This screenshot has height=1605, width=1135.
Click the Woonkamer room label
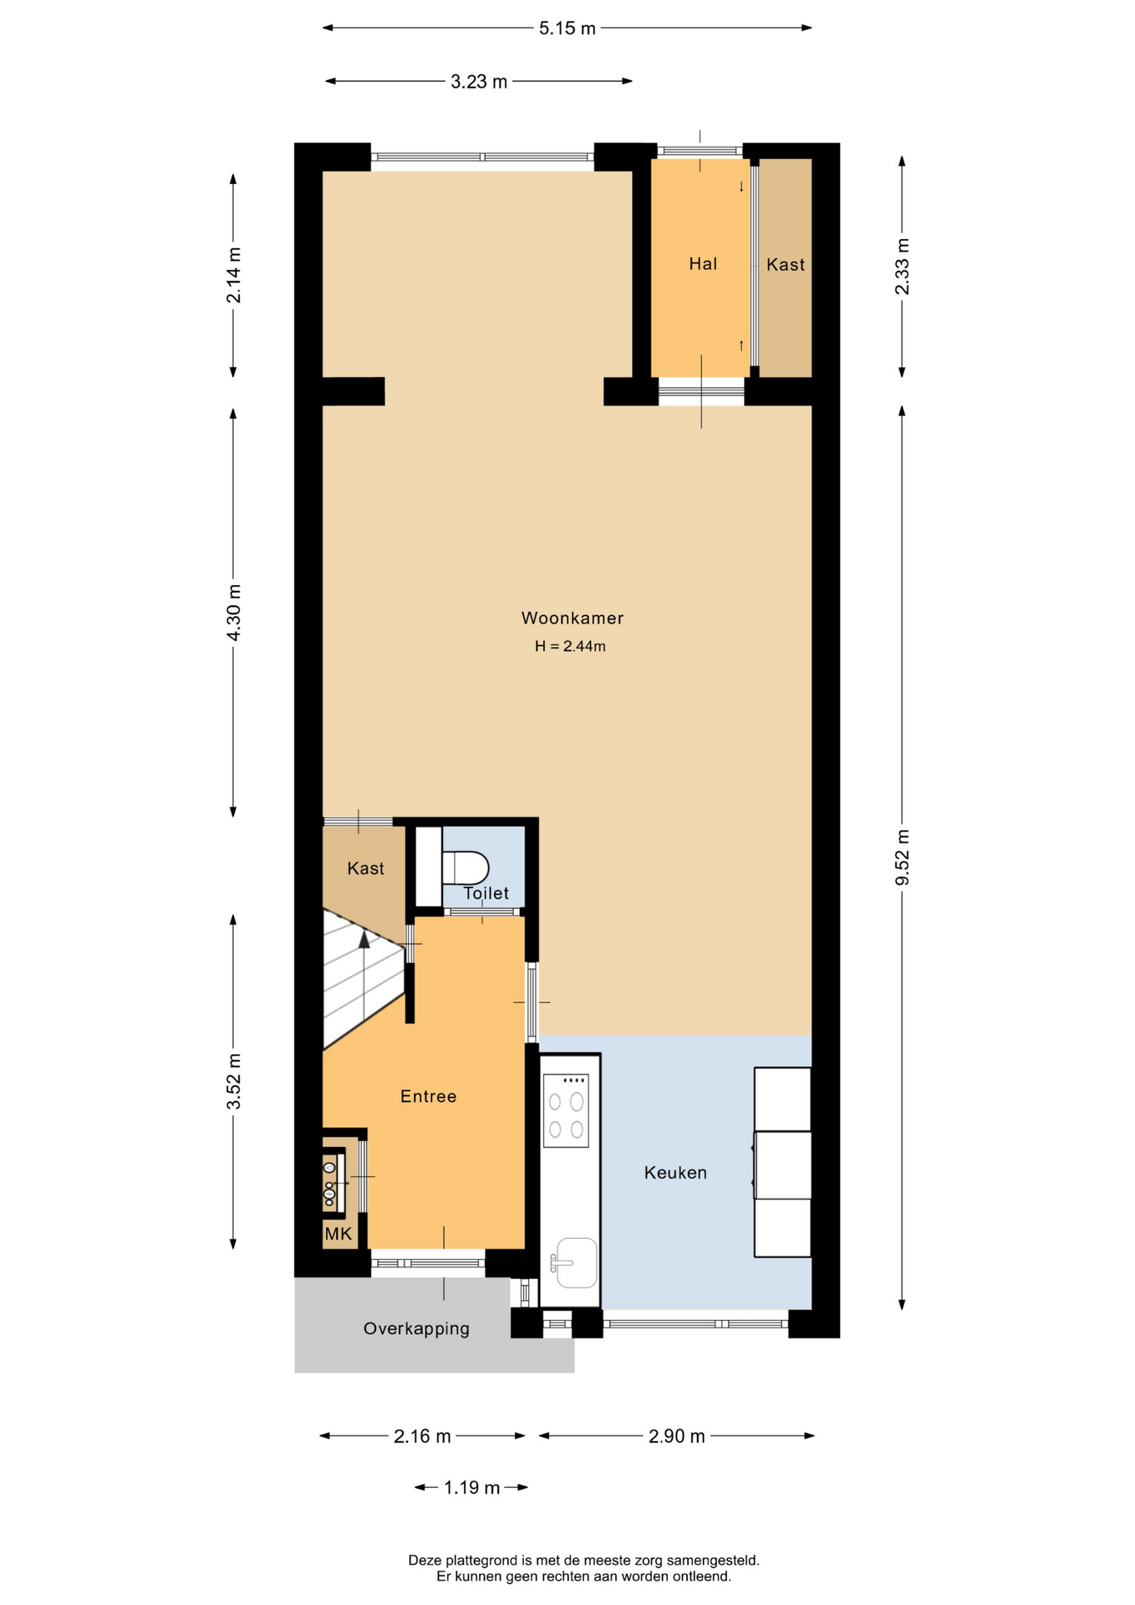[x=573, y=618]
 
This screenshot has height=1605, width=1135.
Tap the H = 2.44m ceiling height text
[x=570, y=646]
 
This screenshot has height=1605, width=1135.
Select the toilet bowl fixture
[x=465, y=868]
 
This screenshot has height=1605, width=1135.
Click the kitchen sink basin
[x=577, y=1262]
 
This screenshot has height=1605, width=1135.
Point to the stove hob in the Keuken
[x=566, y=1111]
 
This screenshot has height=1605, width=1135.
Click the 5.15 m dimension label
[x=567, y=28]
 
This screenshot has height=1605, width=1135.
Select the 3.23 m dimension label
[x=479, y=82]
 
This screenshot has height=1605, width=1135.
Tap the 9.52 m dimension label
[x=903, y=858]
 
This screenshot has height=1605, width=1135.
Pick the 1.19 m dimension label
[x=471, y=1487]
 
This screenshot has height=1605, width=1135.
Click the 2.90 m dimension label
[x=677, y=1436]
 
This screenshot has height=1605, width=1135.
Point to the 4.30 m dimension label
[x=234, y=613]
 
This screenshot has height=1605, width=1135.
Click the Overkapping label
[x=416, y=1328]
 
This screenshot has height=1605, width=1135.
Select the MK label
[x=338, y=1234]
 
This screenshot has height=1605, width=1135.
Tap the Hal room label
[x=703, y=264]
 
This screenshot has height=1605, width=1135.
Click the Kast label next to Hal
[x=786, y=264]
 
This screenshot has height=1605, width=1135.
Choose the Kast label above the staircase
[x=365, y=869]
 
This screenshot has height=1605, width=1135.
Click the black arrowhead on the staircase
[x=364, y=940]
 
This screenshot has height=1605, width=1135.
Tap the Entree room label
[x=428, y=1096]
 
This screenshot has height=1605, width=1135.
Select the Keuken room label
[x=675, y=1173]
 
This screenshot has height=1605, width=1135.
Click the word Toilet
[x=486, y=893]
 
